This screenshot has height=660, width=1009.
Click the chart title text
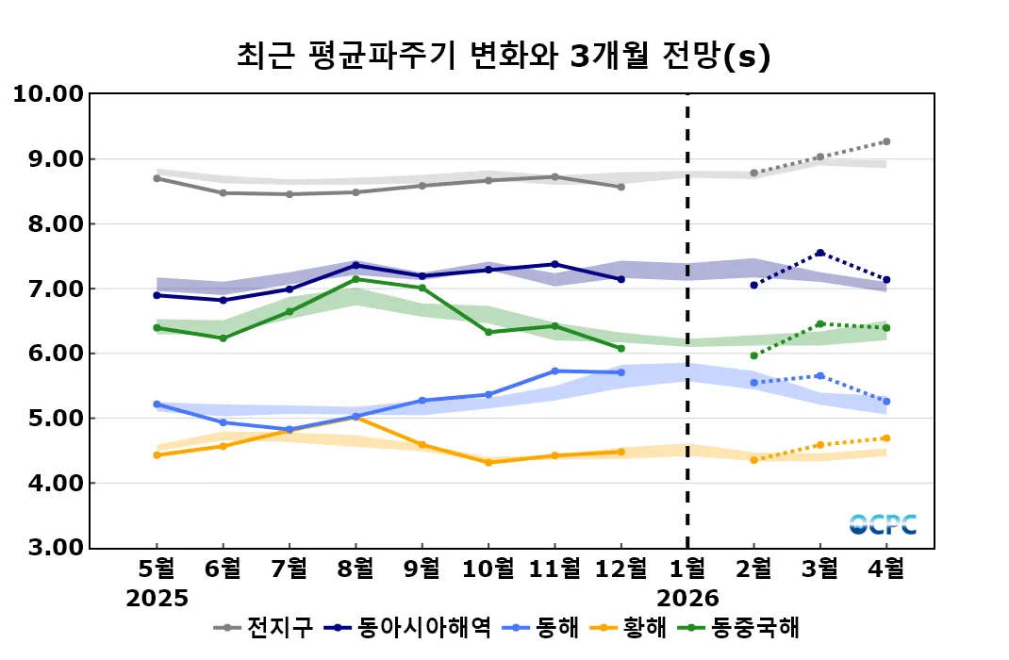click(x=504, y=57)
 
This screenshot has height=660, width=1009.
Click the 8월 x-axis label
click(x=356, y=569)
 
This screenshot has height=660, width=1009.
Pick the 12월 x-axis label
click(x=620, y=569)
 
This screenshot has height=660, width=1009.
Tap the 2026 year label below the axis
click(x=687, y=598)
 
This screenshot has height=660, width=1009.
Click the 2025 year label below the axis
click(x=157, y=598)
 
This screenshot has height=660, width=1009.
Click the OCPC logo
click(x=883, y=524)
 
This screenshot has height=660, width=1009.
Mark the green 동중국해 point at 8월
click(x=356, y=279)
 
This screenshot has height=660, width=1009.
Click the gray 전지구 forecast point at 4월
click(x=885, y=141)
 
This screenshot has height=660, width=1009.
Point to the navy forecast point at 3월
click(x=819, y=253)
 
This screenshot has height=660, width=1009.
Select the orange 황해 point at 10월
click(x=488, y=462)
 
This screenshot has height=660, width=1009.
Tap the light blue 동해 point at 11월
click(x=554, y=371)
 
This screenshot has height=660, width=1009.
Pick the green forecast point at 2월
click(x=753, y=355)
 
